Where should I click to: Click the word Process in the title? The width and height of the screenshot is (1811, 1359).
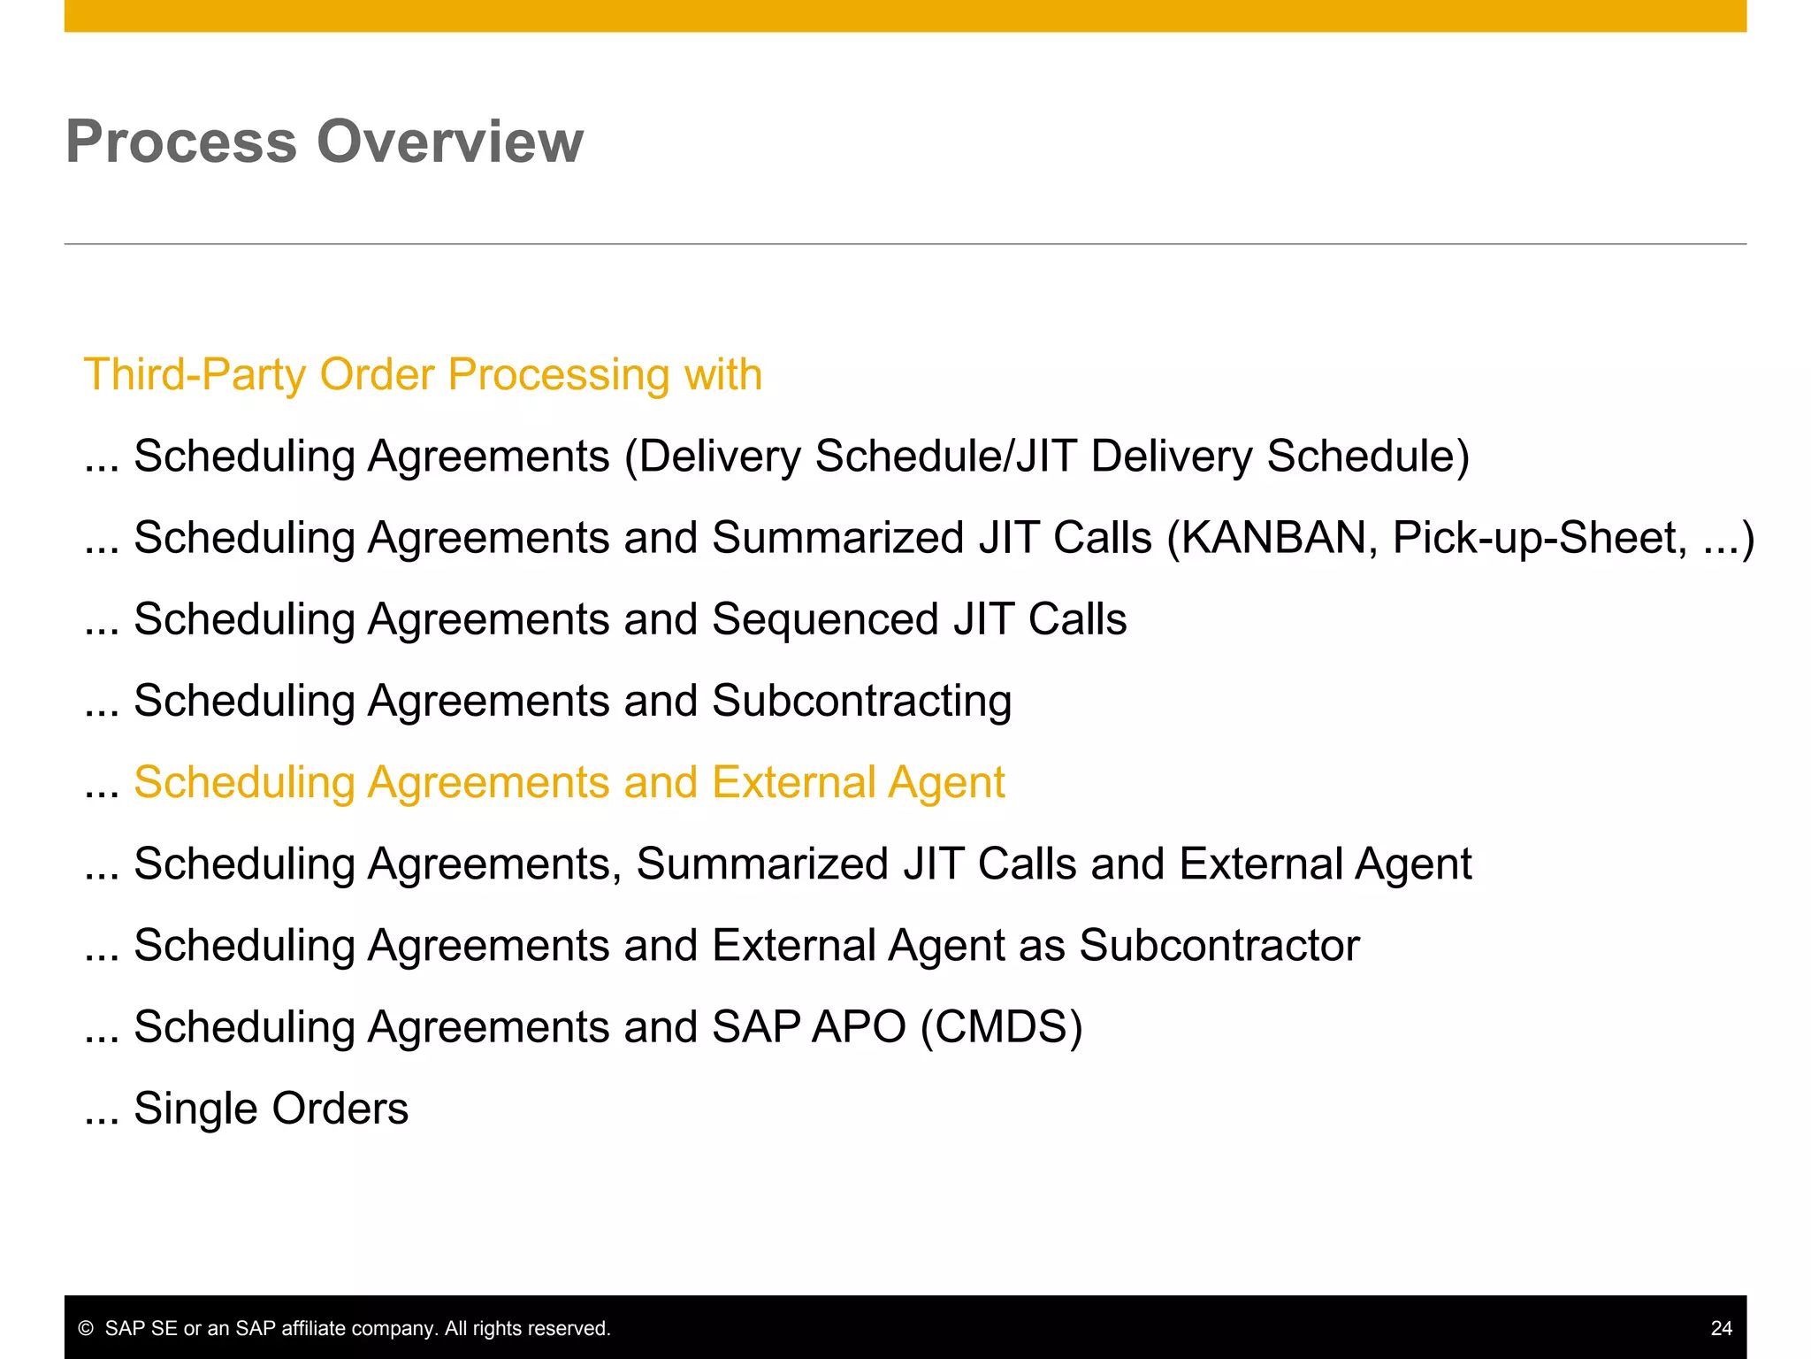click(180, 142)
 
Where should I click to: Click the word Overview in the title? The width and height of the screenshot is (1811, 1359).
click(450, 142)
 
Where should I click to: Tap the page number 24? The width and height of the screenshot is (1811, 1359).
click(1721, 1328)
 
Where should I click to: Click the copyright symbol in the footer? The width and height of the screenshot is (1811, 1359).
click(86, 1329)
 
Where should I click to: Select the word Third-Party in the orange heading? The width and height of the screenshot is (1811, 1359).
click(195, 374)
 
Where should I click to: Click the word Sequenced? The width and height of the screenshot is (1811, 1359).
click(825, 619)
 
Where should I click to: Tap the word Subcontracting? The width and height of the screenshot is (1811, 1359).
click(861, 701)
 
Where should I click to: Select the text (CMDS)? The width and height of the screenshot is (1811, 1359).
click(1001, 1027)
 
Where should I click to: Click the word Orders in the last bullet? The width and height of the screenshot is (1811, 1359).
click(340, 1109)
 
